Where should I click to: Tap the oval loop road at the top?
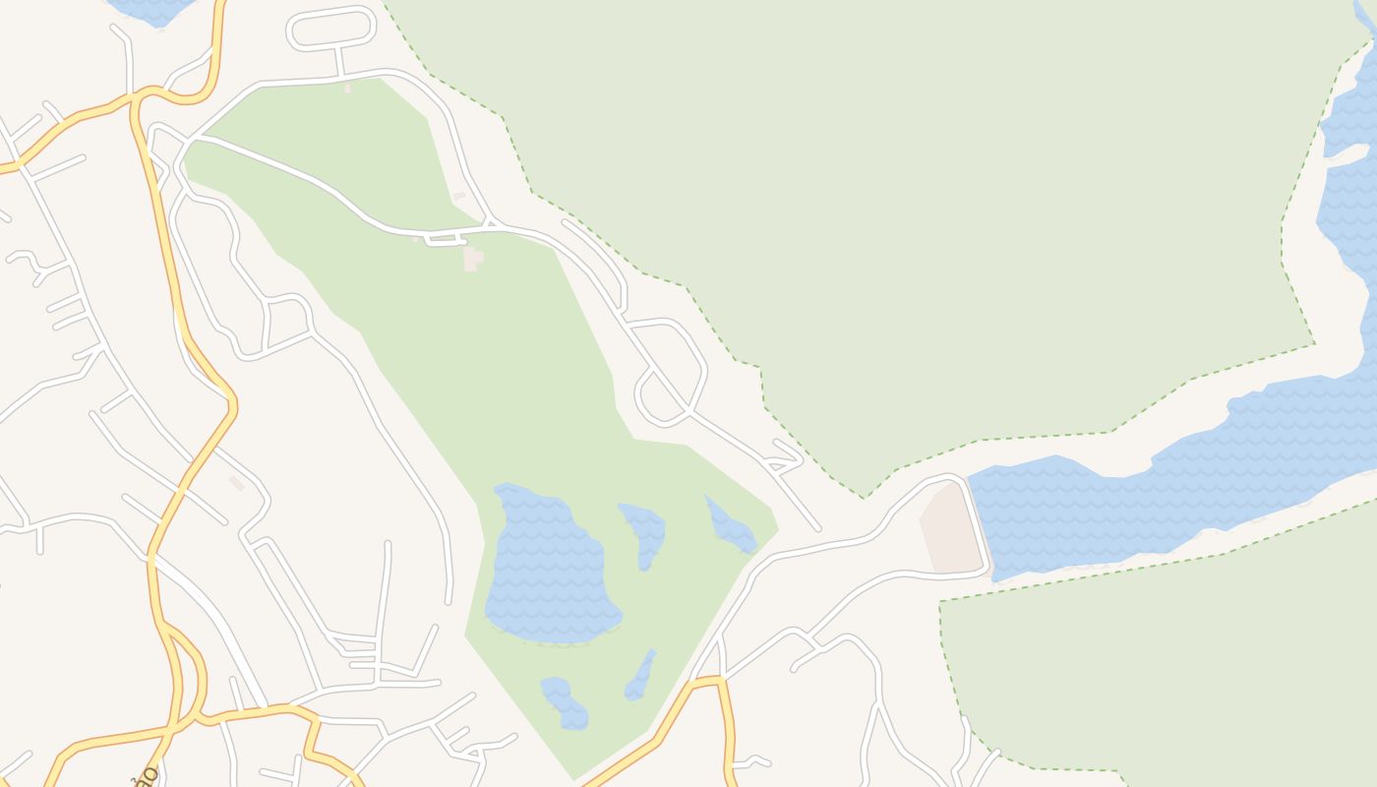point(331,27)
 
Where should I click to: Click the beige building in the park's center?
point(472,259)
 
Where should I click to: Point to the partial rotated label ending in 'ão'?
point(145,776)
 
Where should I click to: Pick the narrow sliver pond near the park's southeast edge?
point(640,676)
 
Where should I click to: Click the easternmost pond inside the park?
point(731,526)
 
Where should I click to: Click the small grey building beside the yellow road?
point(237,483)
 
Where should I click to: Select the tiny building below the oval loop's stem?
point(347,88)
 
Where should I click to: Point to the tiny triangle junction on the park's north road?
point(489,224)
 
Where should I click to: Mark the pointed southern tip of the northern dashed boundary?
point(865,497)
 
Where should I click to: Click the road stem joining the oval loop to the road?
point(339,61)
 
